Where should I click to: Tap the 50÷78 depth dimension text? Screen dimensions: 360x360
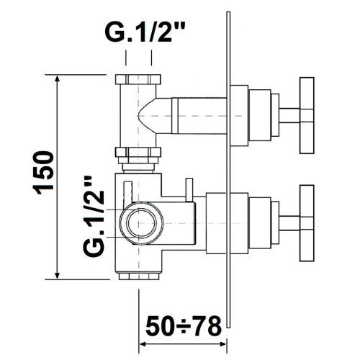tap(184, 327)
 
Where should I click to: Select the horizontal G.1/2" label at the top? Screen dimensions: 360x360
tap(145, 32)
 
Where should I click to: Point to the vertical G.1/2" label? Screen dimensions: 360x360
tap(94, 217)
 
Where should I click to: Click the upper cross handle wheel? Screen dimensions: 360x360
tap(307, 115)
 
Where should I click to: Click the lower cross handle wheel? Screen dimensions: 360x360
tap(307, 223)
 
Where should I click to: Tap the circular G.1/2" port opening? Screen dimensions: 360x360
tap(142, 223)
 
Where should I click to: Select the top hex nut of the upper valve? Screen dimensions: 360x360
tap(138, 79)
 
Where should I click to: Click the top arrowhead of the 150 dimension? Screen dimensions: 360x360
tap(57, 78)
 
